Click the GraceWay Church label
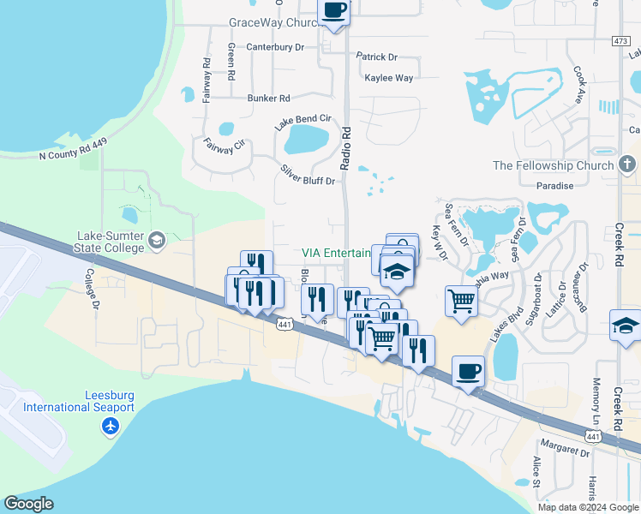273,23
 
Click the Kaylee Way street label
389,78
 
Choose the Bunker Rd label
269,99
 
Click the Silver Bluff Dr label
308,175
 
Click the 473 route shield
621,41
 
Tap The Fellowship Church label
554,165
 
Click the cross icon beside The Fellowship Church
627,164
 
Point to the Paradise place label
554,186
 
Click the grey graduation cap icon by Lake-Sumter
156,241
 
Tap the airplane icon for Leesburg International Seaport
110,426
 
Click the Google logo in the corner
28,504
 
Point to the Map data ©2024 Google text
588,507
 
